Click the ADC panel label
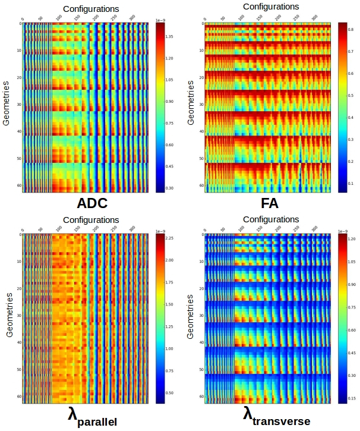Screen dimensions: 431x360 coord(92,203)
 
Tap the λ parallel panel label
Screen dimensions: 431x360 coord(92,417)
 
